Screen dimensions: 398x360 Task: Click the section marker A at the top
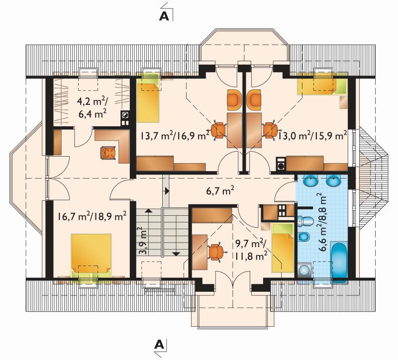click(164, 16)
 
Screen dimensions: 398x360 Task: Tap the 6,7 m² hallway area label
click(220, 190)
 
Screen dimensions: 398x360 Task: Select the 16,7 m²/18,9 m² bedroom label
click(92, 216)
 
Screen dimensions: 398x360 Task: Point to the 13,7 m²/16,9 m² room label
click(176, 135)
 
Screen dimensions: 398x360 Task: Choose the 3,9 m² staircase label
click(143, 241)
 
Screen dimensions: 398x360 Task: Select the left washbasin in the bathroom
click(310, 180)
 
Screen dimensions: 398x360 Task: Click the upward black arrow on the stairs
click(149, 210)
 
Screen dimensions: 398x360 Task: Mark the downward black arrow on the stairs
click(176, 253)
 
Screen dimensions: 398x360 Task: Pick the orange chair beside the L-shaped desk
click(108, 153)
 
